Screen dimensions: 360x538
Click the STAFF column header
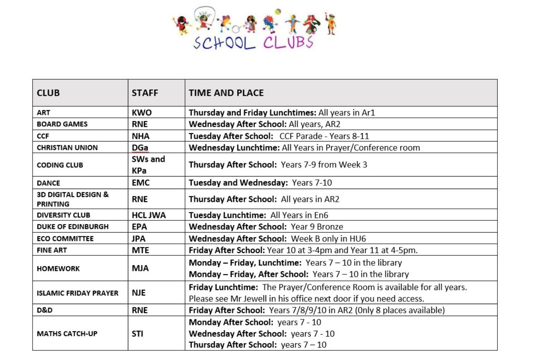coord(145,93)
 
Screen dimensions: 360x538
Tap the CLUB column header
coord(48,93)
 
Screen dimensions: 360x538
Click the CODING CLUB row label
coord(60,165)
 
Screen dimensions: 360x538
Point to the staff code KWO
coord(142,113)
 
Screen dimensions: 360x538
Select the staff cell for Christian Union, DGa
coord(140,148)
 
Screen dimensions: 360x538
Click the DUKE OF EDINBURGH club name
coord(72,226)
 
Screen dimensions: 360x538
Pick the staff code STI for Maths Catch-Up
coord(138,333)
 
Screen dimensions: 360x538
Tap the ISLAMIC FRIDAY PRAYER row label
coord(78,293)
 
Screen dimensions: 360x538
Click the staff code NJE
coord(138,293)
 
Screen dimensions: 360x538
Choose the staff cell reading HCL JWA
coord(149,215)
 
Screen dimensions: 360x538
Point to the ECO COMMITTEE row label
coord(65,239)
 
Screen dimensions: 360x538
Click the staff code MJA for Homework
coord(140,268)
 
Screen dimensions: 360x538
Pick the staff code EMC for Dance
coord(141,183)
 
